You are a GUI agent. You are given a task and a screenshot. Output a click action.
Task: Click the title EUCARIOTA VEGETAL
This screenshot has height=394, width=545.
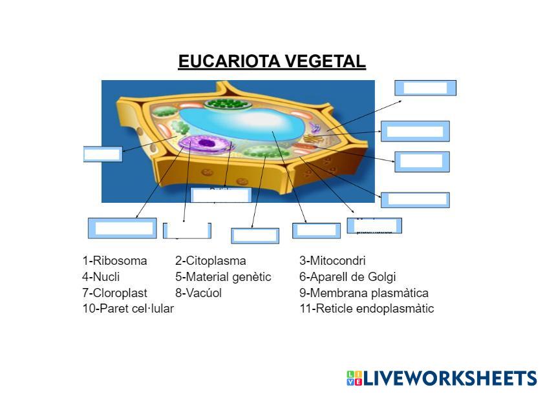click(272, 61)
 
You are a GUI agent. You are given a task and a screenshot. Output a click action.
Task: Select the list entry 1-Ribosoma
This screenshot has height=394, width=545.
click(114, 261)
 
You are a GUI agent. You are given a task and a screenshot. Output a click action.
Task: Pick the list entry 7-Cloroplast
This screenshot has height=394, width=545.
click(114, 293)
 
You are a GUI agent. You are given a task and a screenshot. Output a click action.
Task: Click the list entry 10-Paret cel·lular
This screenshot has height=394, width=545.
click(128, 308)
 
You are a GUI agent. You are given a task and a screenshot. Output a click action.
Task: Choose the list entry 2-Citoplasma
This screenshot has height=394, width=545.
click(210, 261)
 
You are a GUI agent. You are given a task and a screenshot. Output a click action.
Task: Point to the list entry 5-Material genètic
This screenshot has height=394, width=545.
click(223, 277)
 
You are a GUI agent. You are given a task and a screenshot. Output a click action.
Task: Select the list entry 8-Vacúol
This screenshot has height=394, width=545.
click(198, 293)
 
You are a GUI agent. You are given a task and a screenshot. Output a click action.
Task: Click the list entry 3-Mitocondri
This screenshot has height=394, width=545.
click(332, 261)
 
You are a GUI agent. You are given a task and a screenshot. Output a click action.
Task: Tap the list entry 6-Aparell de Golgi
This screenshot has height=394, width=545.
click(347, 277)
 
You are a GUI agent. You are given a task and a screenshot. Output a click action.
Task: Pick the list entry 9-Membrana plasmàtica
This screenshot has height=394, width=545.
click(363, 293)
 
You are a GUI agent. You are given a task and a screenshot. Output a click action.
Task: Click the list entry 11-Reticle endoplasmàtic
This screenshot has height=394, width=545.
click(367, 308)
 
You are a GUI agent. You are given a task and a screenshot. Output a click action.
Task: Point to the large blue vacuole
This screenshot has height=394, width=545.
click(239, 123)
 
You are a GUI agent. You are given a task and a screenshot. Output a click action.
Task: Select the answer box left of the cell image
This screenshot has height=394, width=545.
click(102, 154)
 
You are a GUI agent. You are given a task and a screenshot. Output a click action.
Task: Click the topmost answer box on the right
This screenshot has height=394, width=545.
click(425, 88)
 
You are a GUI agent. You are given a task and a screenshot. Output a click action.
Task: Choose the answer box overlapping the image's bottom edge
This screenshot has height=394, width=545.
click(220, 195)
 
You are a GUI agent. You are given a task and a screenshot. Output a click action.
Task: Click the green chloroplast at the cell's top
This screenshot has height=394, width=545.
click(226, 103)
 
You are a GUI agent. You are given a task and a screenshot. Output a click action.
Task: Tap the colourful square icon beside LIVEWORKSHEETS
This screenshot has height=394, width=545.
click(354, 378)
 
